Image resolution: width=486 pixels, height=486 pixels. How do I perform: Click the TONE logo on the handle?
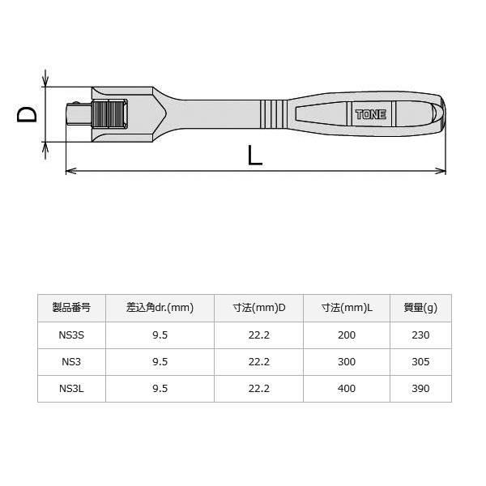click(371, 115)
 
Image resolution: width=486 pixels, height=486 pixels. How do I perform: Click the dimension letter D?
click(27, 114)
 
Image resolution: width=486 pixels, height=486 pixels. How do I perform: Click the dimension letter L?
click(255, 156)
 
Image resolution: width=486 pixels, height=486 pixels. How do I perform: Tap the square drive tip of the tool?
click(79, 114)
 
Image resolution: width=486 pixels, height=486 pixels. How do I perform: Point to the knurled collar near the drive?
click(109, 113)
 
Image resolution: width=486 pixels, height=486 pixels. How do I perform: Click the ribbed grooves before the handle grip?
click(273, 114)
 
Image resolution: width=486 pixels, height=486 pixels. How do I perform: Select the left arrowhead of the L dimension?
click(71, 171)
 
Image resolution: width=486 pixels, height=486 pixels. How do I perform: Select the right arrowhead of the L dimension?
click(441, 171)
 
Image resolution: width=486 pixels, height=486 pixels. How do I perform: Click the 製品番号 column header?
click(71, 308)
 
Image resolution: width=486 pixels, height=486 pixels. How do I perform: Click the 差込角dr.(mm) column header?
click(160, 308)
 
